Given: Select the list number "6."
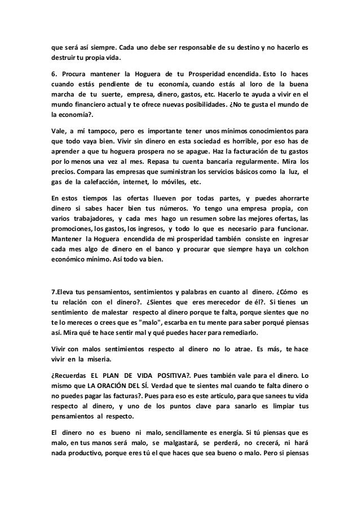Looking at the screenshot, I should (55, 74).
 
